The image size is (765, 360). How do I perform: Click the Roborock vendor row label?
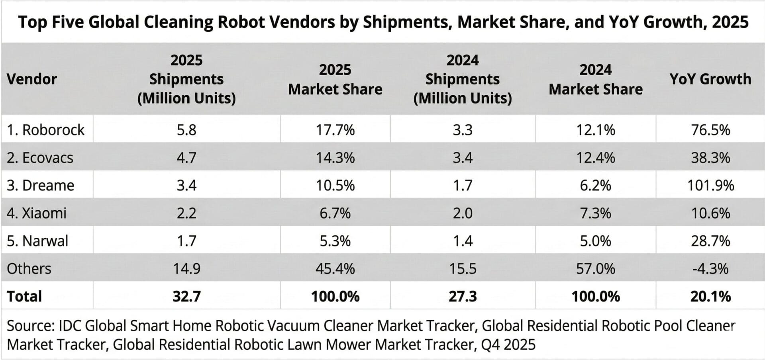pos(45,130)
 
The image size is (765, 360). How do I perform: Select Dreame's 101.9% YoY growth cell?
pos(710,185)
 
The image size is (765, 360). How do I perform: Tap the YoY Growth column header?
pos(710,79)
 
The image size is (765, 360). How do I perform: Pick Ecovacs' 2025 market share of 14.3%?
pos(335,158)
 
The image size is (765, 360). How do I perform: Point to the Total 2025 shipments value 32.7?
pos(186,296)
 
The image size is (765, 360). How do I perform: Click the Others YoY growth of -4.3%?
pos(710,268)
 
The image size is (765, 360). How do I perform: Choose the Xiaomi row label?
pos(37,213)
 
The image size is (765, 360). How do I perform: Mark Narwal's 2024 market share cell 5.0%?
pos(595,241)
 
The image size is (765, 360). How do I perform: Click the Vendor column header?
pos(32,79)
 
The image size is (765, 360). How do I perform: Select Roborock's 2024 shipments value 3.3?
pos(462,130)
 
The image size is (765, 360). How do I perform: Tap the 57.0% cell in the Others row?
pos(595,268)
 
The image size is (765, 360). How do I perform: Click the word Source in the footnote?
pos(30,326)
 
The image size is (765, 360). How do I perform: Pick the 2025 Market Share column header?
pos(335,79)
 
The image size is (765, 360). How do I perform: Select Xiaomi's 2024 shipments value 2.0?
pos(462,213)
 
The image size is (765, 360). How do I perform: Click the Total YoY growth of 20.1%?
pos(710,296)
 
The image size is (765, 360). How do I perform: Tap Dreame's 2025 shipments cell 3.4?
pos(186,185)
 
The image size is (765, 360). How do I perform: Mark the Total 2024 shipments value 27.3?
pos(462,296)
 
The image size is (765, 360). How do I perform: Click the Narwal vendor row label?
pos(37,241)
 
